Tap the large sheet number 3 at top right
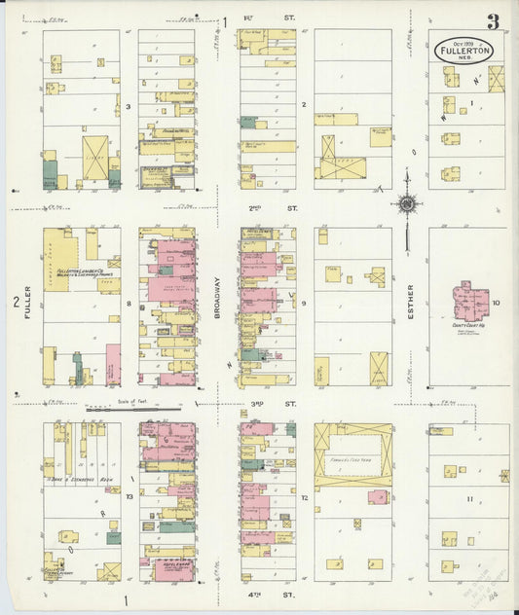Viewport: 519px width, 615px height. [x=494, y=21]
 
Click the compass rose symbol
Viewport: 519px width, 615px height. [x=405, y=204]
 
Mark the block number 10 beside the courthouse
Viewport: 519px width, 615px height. [x=497, y=304]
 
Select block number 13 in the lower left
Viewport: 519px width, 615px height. [x=129, y=496]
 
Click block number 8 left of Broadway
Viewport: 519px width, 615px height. [x=129, y=304]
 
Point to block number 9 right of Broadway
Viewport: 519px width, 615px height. [x=304, y=304]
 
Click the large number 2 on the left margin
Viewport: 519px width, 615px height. [x=16, y=303]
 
